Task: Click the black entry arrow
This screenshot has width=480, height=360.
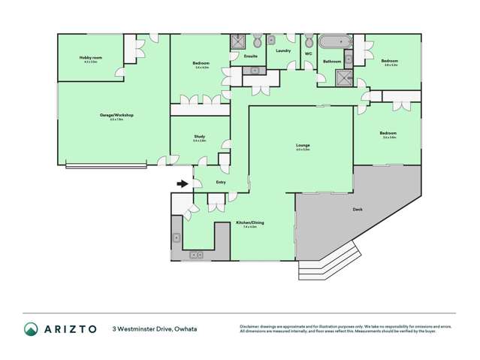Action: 182,183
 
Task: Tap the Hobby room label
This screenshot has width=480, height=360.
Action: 90,58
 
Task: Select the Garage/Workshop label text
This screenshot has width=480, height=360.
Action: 116,115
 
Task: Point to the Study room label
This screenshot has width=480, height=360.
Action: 199,136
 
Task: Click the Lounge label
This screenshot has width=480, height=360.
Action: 303,145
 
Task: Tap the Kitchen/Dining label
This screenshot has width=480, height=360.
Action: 250,223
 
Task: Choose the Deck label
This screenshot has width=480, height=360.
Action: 358,210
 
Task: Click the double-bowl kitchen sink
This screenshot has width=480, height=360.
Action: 197,256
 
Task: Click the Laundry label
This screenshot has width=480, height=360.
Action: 283,50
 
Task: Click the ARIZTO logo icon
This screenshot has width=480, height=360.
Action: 31,329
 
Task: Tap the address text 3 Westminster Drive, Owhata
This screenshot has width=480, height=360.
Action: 154,329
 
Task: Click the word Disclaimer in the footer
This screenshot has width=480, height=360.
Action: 252,326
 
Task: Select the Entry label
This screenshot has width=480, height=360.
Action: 221,182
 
